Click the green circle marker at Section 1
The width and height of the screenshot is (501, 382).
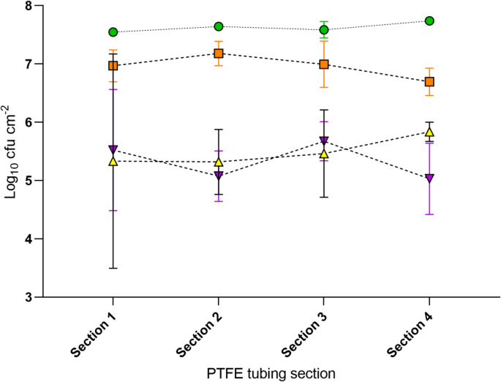[113, 32]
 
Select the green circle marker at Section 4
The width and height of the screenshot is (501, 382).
[429, 20]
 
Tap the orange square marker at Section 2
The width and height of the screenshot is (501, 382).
[219, 53]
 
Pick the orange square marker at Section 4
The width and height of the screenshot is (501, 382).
[429, 82]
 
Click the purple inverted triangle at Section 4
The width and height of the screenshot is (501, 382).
[429, 179]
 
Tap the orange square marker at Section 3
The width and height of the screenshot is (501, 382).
[324, 64]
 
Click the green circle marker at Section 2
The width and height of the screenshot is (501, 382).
[219, 26]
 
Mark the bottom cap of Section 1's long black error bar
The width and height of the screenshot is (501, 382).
[113, 268]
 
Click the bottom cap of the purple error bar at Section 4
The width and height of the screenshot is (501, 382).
[429, 214]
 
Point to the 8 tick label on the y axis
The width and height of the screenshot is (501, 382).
[29, 6]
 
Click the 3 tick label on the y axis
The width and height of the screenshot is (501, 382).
[29, 297]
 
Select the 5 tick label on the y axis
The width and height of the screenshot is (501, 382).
[29, 181]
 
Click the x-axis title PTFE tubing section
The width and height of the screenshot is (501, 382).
[271, 373]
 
